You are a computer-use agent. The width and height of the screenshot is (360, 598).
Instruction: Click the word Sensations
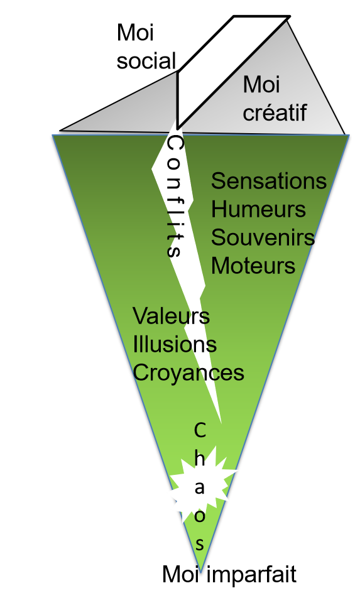coord(268,181)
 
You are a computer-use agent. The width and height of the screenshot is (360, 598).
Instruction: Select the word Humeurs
coord(258,209)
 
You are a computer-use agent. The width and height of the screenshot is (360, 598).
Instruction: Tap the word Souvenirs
coord(263,237)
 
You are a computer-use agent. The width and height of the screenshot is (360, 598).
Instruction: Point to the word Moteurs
coord(253,266)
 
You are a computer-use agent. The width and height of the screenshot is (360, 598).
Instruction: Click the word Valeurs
coord(172,316)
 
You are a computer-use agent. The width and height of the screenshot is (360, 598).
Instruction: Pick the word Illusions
coord(175,344)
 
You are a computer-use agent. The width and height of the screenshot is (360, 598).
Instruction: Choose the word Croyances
coord(188,372)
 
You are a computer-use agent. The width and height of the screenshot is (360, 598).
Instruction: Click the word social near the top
coord(146,61)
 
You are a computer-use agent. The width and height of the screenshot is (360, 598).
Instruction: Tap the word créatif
coord(275,112)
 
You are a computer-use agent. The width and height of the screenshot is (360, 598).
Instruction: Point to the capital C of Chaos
coord(200,430)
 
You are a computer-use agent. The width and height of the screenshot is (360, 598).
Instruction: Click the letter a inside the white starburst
coord(200,487)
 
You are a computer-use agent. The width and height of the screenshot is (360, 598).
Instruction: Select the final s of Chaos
coord(200,544)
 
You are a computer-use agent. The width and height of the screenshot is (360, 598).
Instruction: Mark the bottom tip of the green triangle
coord(200,572)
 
